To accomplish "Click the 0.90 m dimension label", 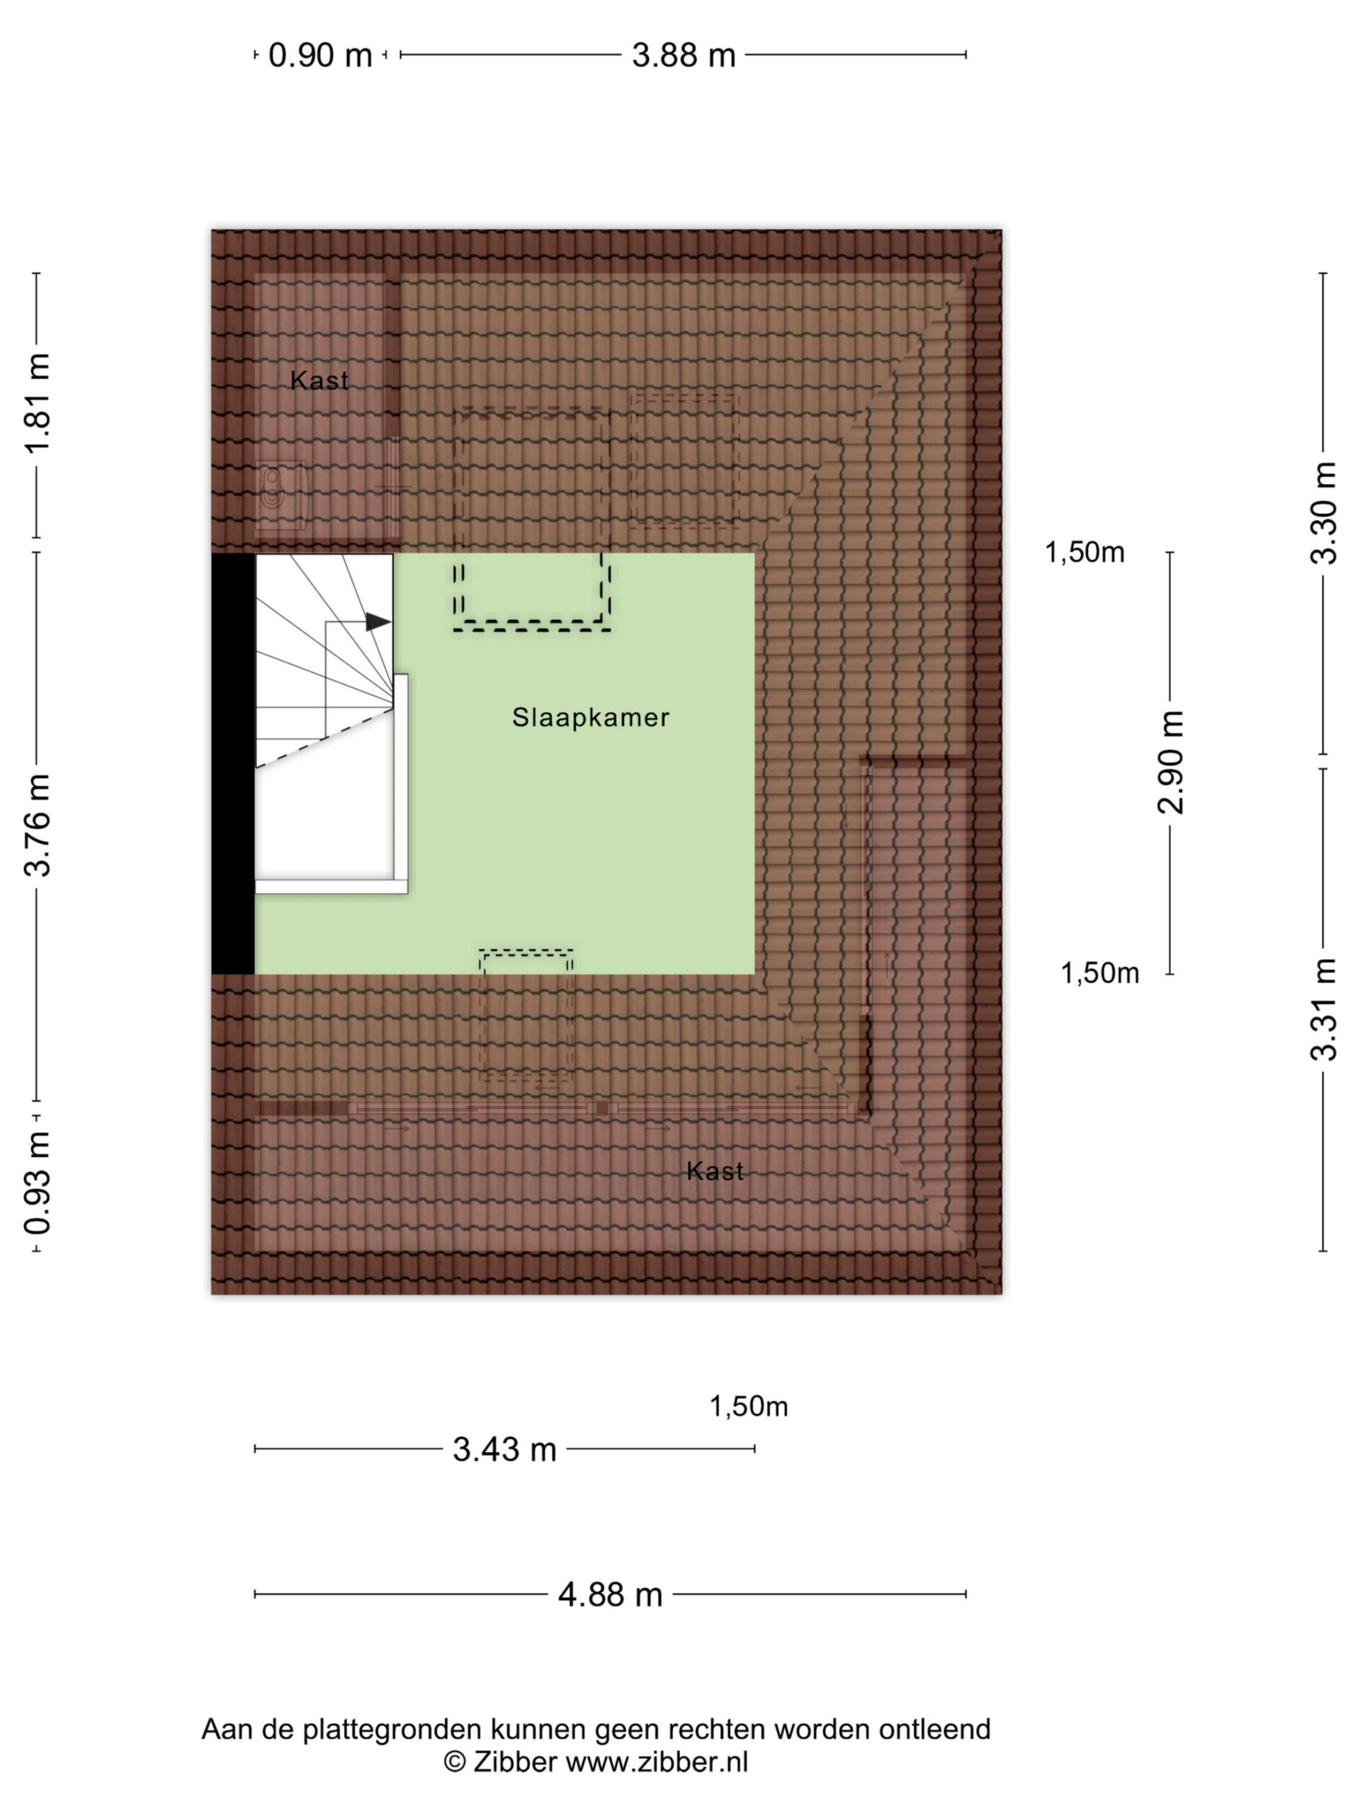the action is (x=321, y=56).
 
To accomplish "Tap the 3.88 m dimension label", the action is (x=684, y=56).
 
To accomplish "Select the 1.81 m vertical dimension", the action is (x=38, y=403).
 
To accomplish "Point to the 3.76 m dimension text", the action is (x=38, y=825).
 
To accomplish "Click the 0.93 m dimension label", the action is (x=38, y=1183).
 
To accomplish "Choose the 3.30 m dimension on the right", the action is (x=1323, y=513).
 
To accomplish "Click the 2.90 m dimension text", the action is (x=1171, y=762).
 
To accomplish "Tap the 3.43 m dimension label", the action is (x=505, y=1450).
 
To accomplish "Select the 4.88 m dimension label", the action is (x=610, y=1595).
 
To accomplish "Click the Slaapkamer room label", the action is (x=591, y=718).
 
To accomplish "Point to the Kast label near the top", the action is (x=319, y=381).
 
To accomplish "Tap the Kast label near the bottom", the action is (x=715, y=1171).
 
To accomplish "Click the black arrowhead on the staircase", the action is (x=378, y=622).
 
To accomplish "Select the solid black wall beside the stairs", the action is (x=234, y=765).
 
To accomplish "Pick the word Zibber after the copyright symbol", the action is (x=515, y=1762).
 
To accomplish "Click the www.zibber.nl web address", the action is (x=657, y=1762).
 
